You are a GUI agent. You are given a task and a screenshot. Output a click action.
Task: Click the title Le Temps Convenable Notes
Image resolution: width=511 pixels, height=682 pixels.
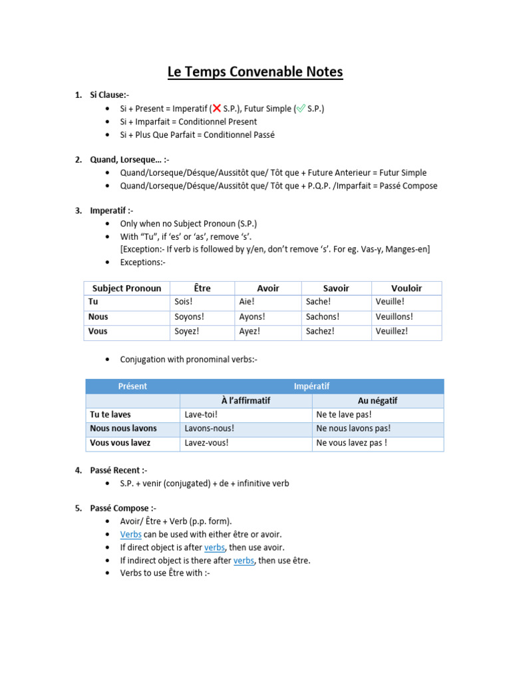tap(255, 71)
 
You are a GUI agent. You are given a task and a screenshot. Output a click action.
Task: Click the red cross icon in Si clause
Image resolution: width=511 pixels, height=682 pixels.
tap(217, 109)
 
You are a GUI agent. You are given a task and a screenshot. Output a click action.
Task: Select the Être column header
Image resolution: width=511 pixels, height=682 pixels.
tap(202, 288)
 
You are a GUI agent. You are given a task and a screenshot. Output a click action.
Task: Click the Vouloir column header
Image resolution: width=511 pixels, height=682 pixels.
tap(407, 288)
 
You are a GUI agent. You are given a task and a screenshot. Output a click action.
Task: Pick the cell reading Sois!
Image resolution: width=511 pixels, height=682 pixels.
tap(184, 302)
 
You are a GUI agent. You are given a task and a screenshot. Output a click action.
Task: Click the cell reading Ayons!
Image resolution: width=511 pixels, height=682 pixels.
tap(252, 317)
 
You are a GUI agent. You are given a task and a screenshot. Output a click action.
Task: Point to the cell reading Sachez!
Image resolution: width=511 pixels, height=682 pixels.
tap(320, 331)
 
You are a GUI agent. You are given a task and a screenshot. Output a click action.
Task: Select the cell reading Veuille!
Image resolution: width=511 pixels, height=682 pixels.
tap(390, 302)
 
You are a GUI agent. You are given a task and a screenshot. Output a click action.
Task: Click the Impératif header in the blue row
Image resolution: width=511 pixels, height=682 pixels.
tap(311, 386)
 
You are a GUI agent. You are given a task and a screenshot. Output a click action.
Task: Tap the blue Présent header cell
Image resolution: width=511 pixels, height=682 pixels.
tap(132, 386)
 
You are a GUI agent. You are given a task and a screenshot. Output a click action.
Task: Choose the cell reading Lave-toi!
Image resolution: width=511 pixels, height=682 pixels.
tap(201, 415)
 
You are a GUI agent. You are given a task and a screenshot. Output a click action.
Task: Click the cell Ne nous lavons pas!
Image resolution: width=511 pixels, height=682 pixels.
tap(353, 429)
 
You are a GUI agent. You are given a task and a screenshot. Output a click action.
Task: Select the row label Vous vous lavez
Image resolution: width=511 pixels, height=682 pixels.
tap(120, 443)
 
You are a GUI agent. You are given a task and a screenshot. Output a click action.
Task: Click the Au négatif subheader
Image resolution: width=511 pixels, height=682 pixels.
tap(377, 401)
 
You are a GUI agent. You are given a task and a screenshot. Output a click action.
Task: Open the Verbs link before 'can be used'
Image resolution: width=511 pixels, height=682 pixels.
tap(130, 534)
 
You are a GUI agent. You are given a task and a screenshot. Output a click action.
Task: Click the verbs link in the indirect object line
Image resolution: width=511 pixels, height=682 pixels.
tap(244, 560)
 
